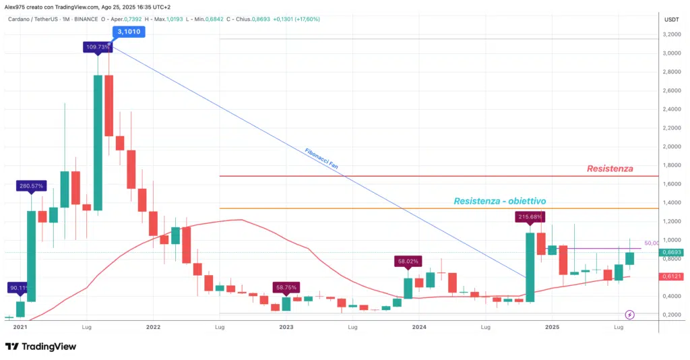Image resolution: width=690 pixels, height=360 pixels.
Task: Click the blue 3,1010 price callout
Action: point(129,31)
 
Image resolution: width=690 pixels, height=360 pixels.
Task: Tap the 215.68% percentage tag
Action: point(530,216)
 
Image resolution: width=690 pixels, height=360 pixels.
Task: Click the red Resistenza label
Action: point(609,169)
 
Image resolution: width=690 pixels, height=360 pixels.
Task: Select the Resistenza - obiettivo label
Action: point(499,201)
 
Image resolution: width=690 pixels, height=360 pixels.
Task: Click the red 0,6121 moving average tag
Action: point(673,276)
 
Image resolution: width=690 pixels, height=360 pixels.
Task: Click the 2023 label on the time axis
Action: point(286,327)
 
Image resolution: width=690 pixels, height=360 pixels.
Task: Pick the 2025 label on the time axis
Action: point(552,327)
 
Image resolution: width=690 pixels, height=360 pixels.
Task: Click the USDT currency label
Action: point(672,19)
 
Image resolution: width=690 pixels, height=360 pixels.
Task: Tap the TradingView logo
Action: point(40,347)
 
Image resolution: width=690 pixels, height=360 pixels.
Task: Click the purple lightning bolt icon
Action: point(629,314)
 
